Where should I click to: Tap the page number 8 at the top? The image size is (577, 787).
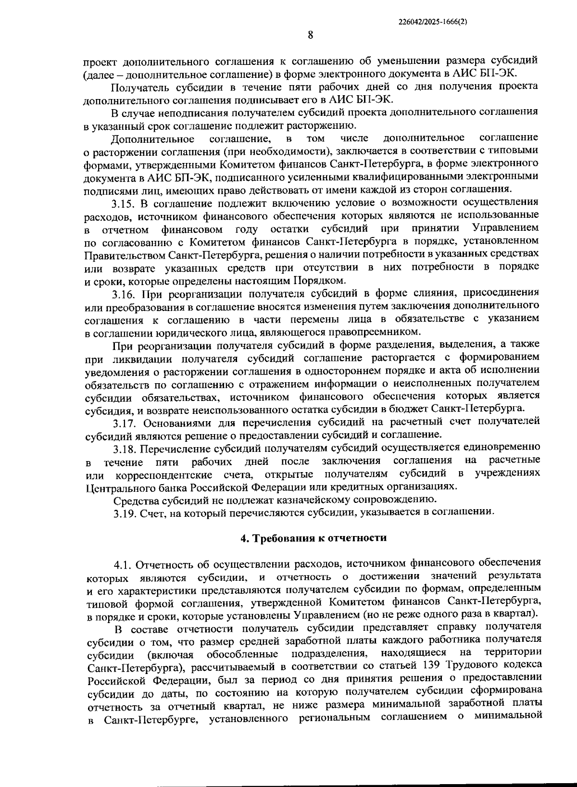pyautogui.click(x=310, y=34)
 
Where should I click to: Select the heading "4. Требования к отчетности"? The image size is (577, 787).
pyautogui.click(x=314, y=537)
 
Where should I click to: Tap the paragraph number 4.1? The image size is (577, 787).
pyautogui.click(x=125, y=562)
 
